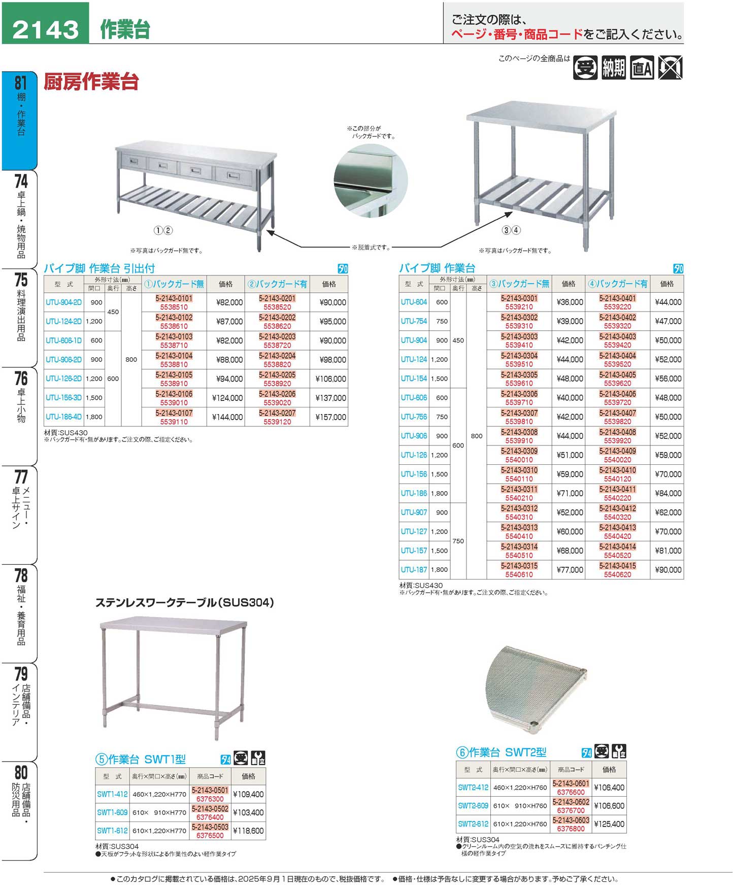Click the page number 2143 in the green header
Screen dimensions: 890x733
pyautogui.click(x=46, y=29)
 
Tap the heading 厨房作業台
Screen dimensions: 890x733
pyautogui.click(x=91, y=82)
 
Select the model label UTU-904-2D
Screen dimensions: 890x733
pyautogui.click(x=63, y=302)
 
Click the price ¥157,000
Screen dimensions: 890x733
pyautogui.click(x=330, y=417)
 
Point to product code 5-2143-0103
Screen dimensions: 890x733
pyautogui.click(x=174, y=337)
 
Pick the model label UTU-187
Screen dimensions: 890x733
pyautogui.click(x=414, y=570)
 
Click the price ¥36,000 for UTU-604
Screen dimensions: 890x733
pyautogui.click(x=570, y=302)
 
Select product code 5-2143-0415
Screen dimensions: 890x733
pyautogui.click(x=617, y=566)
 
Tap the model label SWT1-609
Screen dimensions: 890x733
pyautogui.click(x=112, y=812)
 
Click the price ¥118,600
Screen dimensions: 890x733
pyautogui.click(x=248, y=831)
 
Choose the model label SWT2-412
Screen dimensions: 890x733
pyautogui.click(x=473, y=788)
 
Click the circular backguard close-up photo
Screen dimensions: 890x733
pyautogui.click(x=371, y=181)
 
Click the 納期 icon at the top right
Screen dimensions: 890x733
pyautogui.click(x=613, y=68)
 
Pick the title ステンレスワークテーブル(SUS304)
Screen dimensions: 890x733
pyautogui.click(x=185, y=603)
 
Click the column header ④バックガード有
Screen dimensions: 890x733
pyautogui.click(x=617, y=284)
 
